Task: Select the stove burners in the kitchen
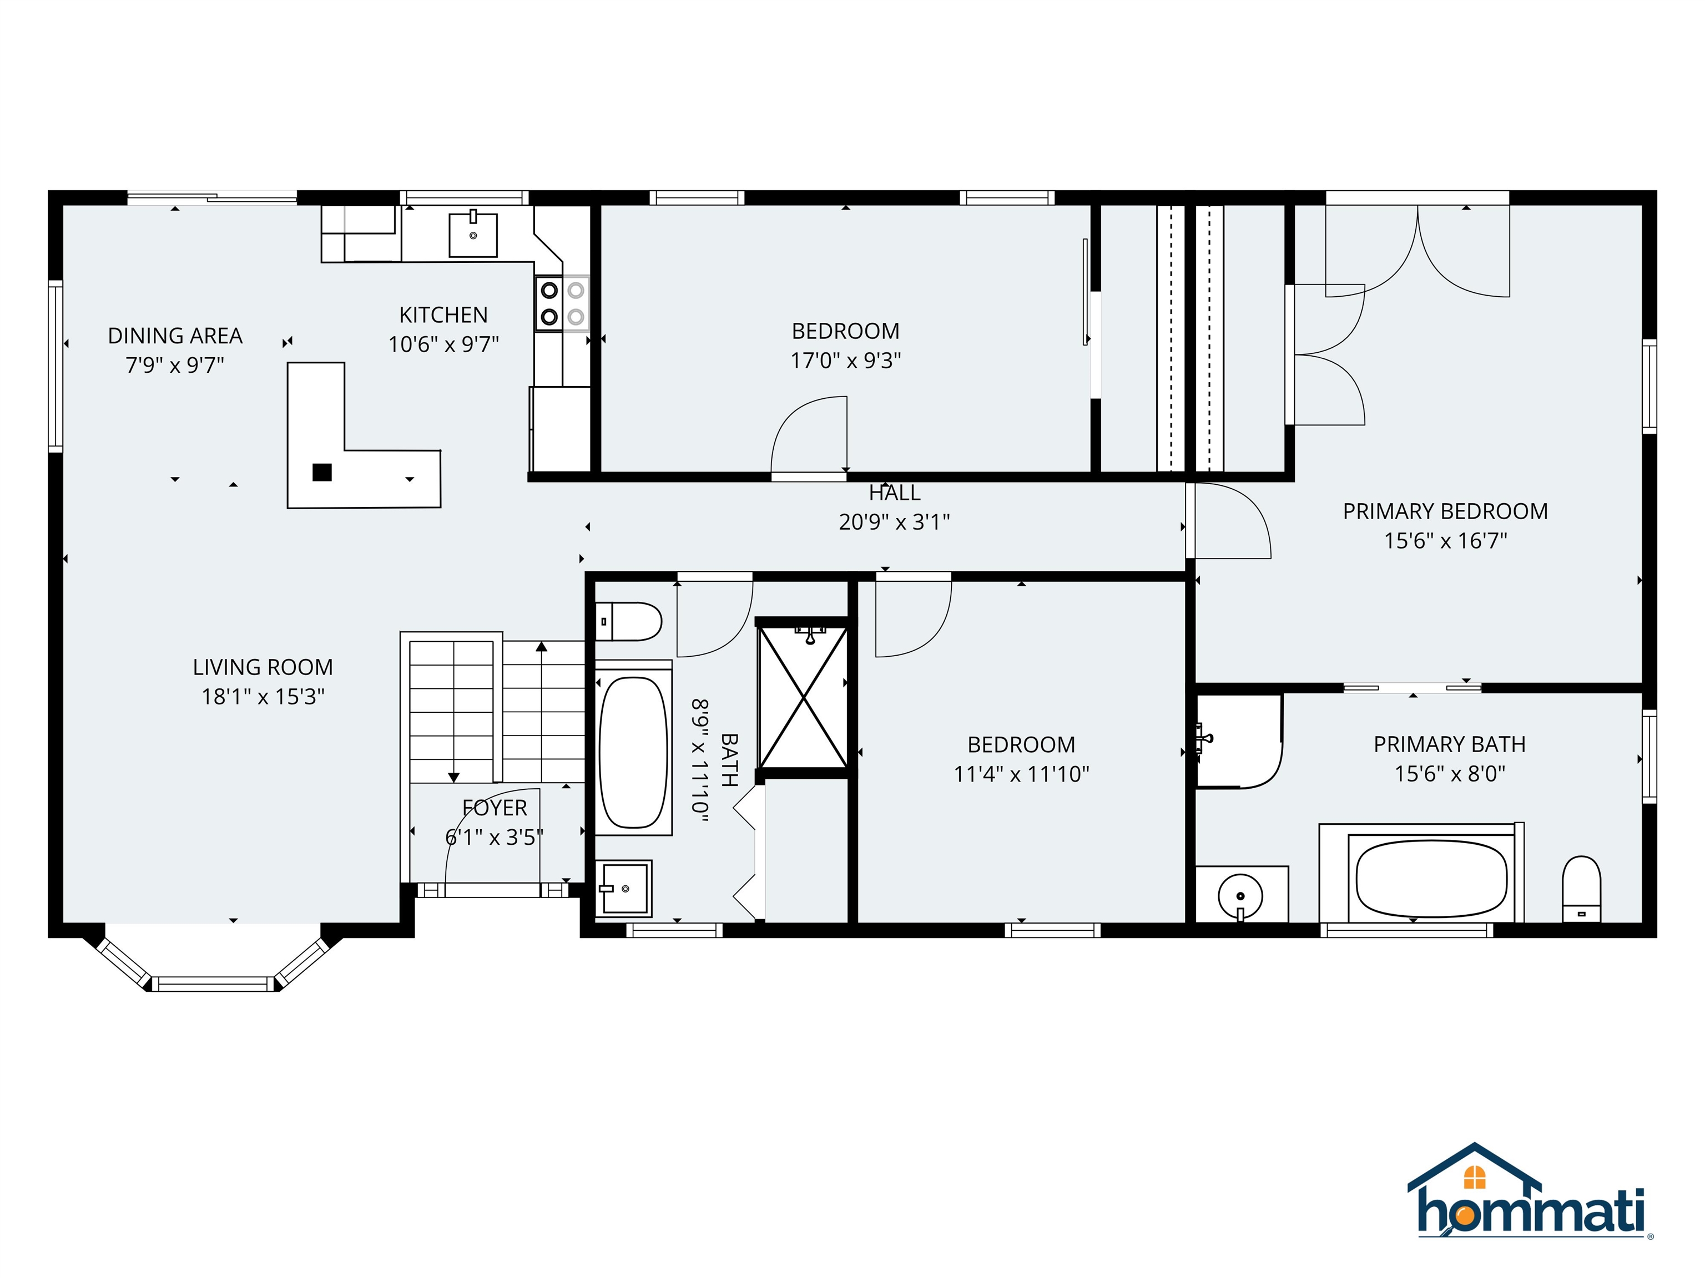[x=562, y=303]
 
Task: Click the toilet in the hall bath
[x=629, y=621]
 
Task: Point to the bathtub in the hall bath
[x=633, y=752]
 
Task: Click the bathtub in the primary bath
[x=1431, y=878]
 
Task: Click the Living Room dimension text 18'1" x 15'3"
[x=263, y=696]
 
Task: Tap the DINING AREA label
[x=175, y=336]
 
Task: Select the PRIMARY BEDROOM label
[x=1445, y=511]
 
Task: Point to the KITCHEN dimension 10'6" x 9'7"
[x=443, y=344]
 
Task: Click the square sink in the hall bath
[x=625, y=888]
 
